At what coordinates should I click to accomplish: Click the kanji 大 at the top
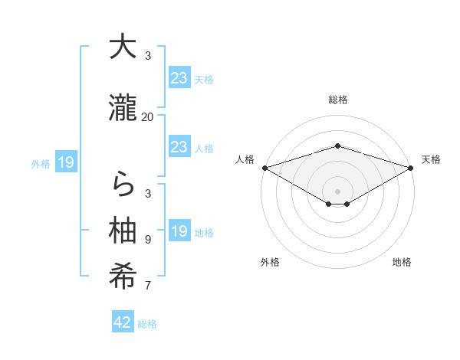click(x=123, y=47)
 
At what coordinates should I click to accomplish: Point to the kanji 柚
click(x=123, y=231)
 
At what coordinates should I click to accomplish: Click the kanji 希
click(x=123, y=277)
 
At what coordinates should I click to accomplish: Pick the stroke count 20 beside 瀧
click(x=148, y=116)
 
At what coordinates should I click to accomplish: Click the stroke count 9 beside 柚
click(x=148, y=240)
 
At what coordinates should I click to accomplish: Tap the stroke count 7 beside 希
click(x=148, y=286)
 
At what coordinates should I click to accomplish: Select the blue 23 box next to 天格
click(x=179, y=78)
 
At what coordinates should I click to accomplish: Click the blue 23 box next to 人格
click(x=179, y=147)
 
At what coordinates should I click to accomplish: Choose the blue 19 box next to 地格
click(x=179, y=231)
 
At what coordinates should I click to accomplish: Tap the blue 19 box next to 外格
click(x=66, y=162)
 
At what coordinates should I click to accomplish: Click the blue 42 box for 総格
click(x=123, y=322)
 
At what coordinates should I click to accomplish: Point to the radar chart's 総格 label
click(x=337, y=100)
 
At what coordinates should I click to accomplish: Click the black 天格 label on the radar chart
click(x=431, y=159)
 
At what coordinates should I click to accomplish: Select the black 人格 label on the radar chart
click(x=245, y=159)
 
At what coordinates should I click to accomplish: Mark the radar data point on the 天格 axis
click(x=411, y=167)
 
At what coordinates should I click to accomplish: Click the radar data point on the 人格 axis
click(x=264, y=167)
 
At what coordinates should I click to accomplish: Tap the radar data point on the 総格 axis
click(x=337, y=146)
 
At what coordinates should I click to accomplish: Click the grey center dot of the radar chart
click(x=337, y=190)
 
